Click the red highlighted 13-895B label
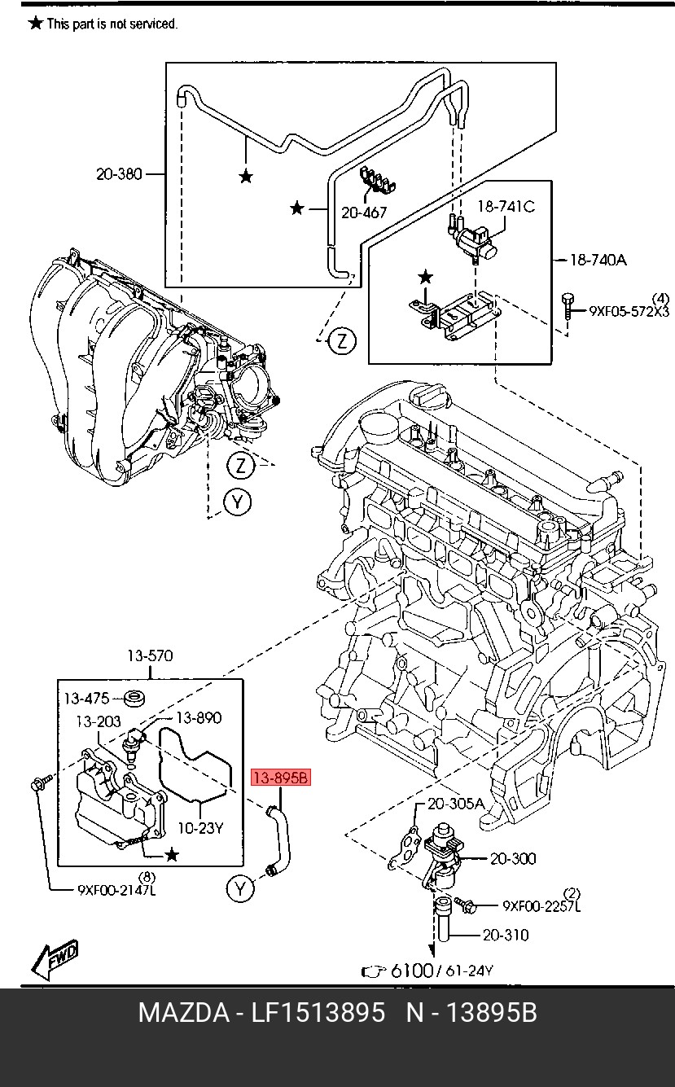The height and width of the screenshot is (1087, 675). point(281,778)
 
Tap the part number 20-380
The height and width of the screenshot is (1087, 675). point(119,173)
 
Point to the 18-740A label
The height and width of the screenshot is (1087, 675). point(597,260)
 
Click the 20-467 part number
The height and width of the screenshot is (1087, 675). point(364,213)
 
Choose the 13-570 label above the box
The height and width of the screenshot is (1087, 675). point(149,656)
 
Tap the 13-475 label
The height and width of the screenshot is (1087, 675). point(86,699)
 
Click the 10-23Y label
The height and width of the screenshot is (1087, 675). point(200,828)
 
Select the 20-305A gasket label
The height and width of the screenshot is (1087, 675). point(455,804)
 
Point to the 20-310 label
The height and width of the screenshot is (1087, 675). point(505,935)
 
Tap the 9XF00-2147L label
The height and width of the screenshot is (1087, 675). point(116,889)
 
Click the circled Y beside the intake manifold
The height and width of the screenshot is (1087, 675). point(237,502)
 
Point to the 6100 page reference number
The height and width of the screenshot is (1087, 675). point(411,971)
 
